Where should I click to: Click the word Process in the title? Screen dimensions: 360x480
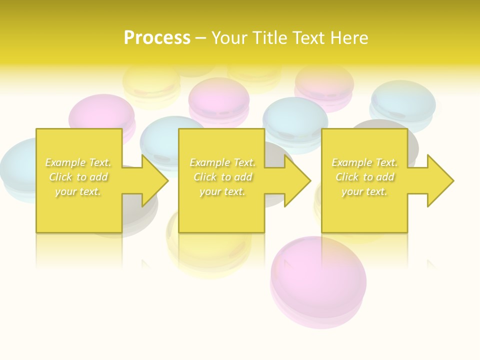pos(157,38)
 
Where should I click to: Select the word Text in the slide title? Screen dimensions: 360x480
pos(309,38)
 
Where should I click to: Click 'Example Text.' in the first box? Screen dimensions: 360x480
pos(78,162)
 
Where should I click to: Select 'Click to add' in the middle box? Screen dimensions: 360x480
pos(222,177)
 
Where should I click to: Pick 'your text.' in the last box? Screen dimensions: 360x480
pos(364,191)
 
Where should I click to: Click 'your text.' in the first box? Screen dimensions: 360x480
pos(78,191)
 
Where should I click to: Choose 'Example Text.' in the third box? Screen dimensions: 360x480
pos(364,162)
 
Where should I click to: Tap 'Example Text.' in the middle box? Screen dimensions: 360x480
pos(222,162)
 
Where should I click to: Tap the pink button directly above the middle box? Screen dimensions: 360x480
pos(219,98)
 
